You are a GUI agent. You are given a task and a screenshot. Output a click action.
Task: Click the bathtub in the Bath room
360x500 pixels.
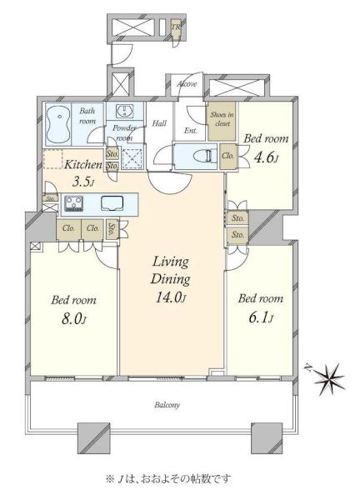click(58, 124)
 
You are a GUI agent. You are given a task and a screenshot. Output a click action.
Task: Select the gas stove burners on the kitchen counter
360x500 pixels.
click(74, 203)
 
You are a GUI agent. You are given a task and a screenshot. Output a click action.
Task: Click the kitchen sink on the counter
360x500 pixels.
click(112, 203)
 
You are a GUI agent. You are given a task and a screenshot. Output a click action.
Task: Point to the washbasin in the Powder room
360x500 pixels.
click(125, 111)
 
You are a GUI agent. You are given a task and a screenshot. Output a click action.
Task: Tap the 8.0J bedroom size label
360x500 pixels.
click(73, 318)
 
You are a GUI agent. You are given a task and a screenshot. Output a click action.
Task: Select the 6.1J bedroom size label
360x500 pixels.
click(261, 317)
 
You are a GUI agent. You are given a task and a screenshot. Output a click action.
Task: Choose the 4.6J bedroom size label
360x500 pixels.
click(266, 157)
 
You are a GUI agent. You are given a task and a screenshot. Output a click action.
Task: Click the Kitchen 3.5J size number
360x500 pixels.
click(82, 182)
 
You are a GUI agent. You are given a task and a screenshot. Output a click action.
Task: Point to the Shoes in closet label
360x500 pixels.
click(222, 119)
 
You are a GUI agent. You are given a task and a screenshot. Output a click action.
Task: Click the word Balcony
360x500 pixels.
click(167, 405)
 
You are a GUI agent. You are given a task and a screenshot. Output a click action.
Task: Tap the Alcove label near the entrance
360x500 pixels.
click(187, 84)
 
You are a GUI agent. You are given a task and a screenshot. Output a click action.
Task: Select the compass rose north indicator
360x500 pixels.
click(328, 379)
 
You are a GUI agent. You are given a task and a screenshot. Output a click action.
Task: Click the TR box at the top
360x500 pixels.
click(176, 27)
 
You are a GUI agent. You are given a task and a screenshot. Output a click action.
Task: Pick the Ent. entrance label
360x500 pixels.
click(191, 131)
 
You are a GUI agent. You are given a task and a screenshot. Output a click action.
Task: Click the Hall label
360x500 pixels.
click(159, 123)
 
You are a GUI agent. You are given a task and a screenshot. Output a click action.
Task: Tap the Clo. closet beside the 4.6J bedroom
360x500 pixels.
click(228, 156)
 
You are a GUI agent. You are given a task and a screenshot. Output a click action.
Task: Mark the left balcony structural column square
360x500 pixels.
click(94, 438)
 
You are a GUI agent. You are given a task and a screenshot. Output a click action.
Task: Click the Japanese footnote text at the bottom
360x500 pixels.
click(168, 478)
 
